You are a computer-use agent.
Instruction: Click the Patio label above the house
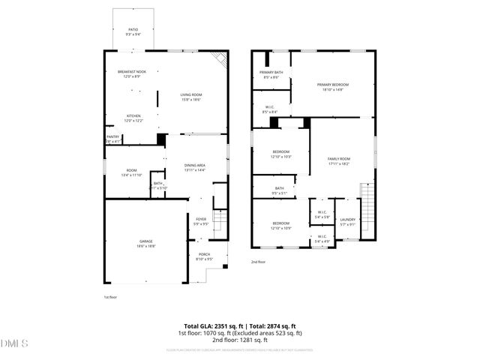coord(132,31)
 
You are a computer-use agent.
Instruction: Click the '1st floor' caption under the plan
coord(110,297)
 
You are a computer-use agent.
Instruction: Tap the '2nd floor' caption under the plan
coord(258,262)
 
